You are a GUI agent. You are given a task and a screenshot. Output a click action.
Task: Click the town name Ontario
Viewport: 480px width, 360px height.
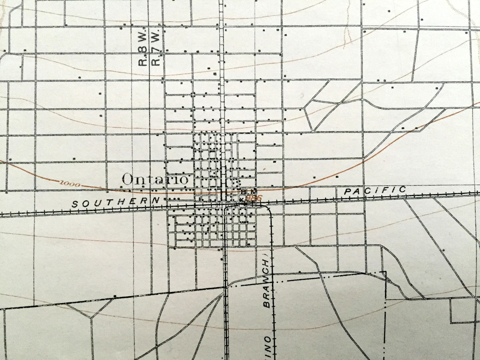[x=155, y=179]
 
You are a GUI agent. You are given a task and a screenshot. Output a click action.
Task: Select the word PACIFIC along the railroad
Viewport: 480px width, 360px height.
[x=375, y=190]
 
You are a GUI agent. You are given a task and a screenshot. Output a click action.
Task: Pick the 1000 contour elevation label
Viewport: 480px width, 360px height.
[x=70, y=183]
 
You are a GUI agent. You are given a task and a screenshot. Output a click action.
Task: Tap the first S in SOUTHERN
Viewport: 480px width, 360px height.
[x=74, y=205]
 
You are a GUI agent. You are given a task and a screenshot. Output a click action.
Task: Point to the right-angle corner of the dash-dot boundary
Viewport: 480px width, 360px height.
[x=385, y=272]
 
